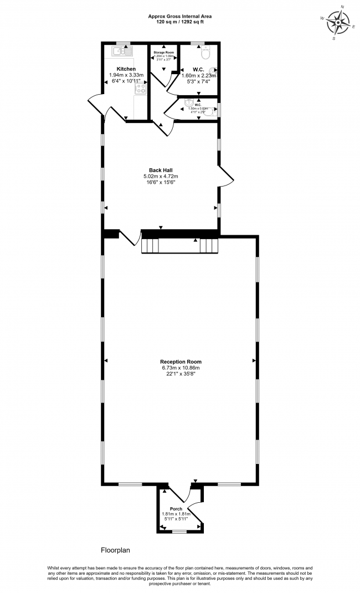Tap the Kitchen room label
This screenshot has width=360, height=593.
point(126,69)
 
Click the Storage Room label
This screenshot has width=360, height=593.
point(164,52)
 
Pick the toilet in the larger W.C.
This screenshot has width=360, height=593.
point(205,54)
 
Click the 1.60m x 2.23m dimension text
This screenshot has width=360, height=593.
point(199,76)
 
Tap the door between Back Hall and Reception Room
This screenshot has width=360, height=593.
point(130,238)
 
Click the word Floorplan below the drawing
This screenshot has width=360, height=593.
point(115,550)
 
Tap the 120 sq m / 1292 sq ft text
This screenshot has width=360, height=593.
point(179,22)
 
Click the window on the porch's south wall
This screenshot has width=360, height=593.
point(179,532)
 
